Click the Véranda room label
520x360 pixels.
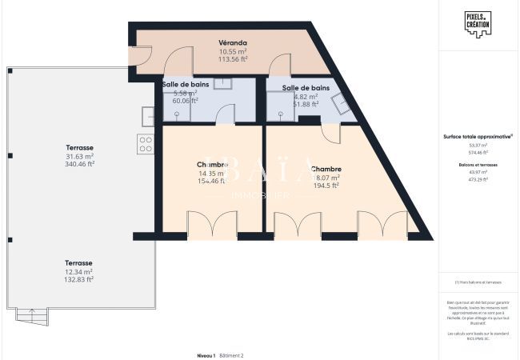pos(233,42)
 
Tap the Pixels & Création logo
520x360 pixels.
pos(477,22)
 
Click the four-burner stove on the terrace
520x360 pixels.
pos(146,144)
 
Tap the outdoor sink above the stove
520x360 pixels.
pos(148,117)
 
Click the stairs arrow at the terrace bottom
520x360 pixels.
pos(31,312)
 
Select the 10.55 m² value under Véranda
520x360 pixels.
pos(233,51)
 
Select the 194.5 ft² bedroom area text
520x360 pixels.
pos(326,186)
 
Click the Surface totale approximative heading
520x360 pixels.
pos(478,137)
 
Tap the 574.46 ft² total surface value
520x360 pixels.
pos(478,151)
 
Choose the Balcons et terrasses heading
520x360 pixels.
pos(478,165)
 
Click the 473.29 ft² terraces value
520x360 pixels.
pos(478,179)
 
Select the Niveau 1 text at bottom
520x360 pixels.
pos(205,354)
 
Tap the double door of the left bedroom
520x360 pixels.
pos(212,225)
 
